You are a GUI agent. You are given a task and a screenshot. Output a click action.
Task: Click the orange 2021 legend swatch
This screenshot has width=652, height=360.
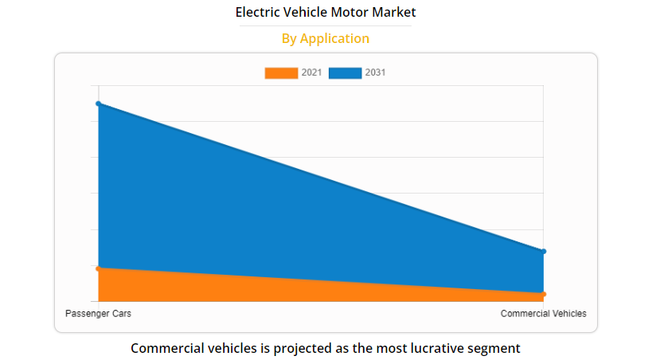281,73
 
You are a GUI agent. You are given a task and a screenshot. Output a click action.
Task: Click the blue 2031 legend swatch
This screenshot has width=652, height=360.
346,73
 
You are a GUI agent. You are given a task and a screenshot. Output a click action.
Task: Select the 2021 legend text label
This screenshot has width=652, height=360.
311,73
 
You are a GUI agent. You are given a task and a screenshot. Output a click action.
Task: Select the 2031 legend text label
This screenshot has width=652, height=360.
376,73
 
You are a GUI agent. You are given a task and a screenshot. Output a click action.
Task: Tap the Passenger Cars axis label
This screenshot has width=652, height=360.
98,314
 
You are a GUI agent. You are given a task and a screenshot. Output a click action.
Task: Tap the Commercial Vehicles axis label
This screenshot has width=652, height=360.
543,314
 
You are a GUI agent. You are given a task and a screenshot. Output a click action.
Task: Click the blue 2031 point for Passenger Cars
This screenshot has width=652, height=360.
98,104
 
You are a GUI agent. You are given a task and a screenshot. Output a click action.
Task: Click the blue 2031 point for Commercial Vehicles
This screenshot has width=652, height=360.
543,252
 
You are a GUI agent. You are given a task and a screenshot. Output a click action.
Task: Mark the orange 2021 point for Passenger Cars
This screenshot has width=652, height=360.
98,269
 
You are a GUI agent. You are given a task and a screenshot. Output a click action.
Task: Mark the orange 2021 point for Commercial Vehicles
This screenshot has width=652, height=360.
543,295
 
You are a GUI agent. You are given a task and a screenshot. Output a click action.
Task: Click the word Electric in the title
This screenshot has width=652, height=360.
257,13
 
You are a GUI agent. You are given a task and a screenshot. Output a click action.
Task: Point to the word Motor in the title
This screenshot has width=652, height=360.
350,13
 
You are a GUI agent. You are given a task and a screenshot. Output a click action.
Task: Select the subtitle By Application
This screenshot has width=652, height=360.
326,38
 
